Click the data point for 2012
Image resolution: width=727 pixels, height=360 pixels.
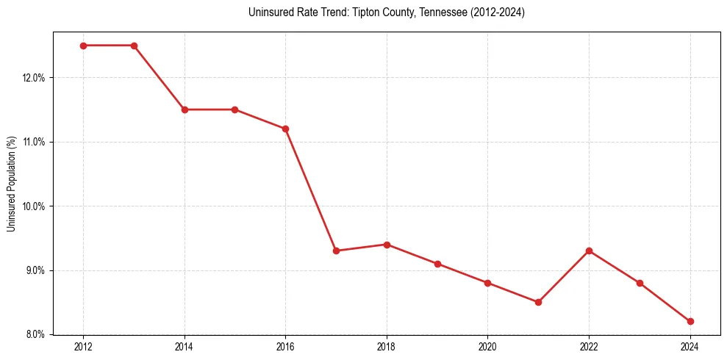83,46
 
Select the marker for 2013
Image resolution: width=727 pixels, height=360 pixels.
134,46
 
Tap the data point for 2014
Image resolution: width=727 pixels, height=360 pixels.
185,109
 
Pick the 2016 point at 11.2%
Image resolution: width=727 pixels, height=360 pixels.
285,129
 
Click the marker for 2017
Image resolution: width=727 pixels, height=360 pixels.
336,251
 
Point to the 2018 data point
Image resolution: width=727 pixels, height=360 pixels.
387,245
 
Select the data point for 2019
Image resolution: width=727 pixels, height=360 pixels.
437,264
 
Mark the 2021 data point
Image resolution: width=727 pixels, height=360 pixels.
538,302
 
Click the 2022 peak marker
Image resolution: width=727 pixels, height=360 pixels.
589,251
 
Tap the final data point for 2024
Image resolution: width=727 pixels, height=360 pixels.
690,321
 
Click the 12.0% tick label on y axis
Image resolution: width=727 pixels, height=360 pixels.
34,78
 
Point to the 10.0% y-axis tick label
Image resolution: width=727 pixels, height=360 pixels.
34,206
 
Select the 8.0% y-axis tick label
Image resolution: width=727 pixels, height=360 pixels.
35,335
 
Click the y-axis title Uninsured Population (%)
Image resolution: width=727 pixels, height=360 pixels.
11,184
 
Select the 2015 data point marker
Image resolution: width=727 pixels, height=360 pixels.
234,109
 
